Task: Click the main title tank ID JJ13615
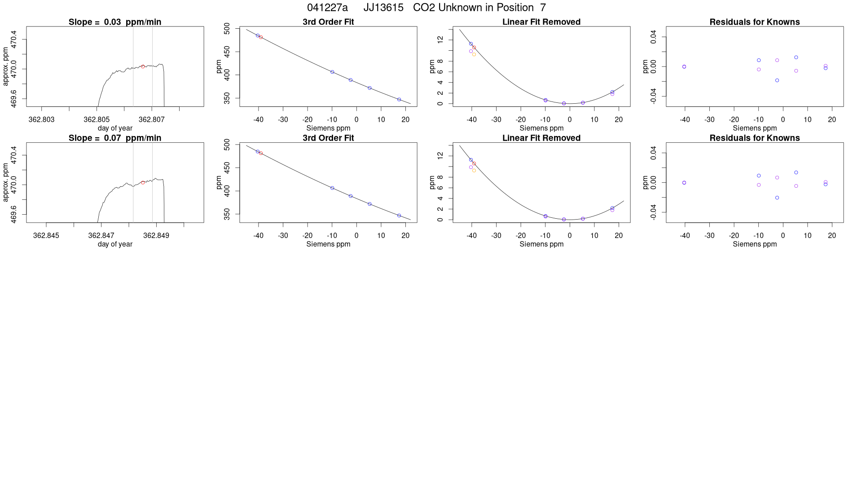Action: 383,8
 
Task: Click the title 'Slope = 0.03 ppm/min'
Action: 115,22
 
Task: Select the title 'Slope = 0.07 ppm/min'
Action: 115,138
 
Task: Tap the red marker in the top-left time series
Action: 143,66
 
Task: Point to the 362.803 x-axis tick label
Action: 41,119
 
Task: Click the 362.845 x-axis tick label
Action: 46,235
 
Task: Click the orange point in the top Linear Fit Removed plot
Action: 474,54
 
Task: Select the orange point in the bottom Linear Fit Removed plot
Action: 474,171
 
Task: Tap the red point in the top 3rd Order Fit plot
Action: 261,37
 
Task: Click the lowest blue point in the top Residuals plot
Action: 777,80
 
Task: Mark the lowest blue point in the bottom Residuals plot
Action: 777,198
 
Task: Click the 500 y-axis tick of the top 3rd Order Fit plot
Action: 227,29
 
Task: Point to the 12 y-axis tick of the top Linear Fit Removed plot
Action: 440,40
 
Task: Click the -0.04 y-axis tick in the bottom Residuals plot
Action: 653,212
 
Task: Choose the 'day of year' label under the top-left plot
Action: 115,128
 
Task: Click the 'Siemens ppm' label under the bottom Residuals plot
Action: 755,244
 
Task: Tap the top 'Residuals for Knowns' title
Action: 755,22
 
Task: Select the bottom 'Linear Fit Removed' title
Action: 541,138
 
